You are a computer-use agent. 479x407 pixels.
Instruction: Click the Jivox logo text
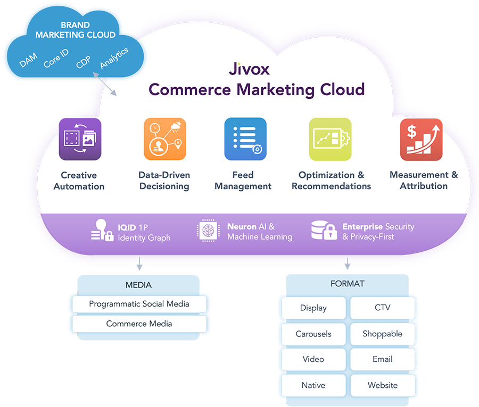249,69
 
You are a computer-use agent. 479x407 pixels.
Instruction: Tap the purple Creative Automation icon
79,139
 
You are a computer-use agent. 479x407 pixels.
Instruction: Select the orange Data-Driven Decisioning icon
164,139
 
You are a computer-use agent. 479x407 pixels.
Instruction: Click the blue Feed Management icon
245,139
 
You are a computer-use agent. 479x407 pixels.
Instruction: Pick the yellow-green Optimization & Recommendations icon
330,139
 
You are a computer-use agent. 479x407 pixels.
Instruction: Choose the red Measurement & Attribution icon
421,139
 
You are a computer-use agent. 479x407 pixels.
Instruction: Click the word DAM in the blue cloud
28,61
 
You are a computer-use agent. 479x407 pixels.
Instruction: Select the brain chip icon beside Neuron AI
208,231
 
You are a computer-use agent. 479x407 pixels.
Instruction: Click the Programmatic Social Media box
139,304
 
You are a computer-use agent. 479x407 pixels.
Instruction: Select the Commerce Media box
139,324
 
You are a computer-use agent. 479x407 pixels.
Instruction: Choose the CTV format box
382,308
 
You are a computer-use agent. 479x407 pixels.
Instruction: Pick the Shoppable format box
382,334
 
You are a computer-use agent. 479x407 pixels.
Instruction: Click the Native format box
313,385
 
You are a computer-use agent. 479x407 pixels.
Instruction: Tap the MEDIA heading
138,285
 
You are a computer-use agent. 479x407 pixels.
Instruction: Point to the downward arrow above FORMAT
348,263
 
